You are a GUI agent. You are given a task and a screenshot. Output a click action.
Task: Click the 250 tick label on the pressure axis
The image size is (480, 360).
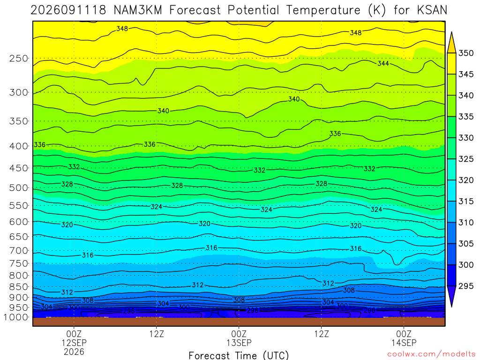(19, 58)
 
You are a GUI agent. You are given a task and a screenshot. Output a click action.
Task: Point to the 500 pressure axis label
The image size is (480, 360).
(19, 187)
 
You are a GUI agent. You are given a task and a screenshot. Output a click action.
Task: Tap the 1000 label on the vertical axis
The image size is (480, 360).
(16, 317)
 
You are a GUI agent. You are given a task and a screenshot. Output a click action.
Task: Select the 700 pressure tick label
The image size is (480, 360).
(19, 251)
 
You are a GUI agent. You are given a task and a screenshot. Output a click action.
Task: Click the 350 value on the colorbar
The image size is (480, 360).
(466, 53)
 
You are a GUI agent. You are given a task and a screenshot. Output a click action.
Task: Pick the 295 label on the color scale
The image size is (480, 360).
(466, 286)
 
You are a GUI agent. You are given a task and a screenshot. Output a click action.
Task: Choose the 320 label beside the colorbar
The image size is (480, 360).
(466, 180)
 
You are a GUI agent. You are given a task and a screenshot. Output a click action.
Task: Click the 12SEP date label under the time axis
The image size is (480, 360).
(74, 343)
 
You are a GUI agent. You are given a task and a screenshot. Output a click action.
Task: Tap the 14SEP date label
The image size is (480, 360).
(404, 343)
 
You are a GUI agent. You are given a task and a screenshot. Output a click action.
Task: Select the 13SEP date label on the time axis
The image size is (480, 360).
(239, 343)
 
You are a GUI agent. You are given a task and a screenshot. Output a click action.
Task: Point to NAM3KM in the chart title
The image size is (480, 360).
(138, 10)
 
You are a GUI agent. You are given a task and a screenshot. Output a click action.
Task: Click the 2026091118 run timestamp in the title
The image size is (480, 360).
(68, 10)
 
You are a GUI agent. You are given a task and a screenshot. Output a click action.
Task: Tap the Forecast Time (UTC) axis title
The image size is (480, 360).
(239, 355)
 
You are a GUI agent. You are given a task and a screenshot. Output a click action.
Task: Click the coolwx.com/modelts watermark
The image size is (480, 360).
(431, 354)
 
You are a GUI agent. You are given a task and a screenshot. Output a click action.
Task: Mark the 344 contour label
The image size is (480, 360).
(383, 63)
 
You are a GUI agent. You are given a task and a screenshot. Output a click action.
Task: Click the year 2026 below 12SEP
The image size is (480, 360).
(74, 352)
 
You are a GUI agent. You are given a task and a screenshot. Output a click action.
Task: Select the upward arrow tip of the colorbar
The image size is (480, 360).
(451, 32)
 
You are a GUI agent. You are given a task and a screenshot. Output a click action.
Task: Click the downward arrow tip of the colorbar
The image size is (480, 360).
(451, 307)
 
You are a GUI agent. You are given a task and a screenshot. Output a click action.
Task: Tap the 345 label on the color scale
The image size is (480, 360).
(466, 74)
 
